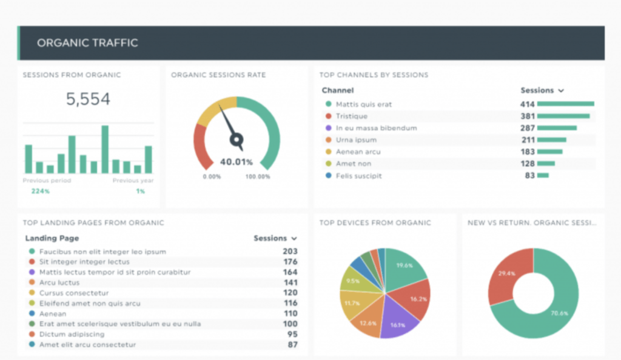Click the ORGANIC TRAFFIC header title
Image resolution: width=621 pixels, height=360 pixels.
(x=87, y=43)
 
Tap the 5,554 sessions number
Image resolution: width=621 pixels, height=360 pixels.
(x=89, y=99)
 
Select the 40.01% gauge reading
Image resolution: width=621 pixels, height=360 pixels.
(x=236, y=162)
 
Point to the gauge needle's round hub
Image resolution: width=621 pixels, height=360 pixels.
(x=236, y=139)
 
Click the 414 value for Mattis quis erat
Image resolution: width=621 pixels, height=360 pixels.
(x=527, y=104)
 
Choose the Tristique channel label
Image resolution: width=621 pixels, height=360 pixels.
(x=352, y=116)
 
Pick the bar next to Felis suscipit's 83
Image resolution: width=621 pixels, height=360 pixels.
(x=543, y=176)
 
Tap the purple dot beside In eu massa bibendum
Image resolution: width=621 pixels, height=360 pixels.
(x=328, y=128)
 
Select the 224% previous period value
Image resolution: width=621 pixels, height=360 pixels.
(x=41, y=192)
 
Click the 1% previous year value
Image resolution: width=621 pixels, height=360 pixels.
(x=140, y=192)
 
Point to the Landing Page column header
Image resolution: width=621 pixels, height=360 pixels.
(x=52, y=238)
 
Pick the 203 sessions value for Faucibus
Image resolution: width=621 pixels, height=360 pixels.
(x=290, y=252)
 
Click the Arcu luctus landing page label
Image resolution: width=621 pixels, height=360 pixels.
(x=59, y=282)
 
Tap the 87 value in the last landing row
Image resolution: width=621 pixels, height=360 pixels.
(x=293, y=345)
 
